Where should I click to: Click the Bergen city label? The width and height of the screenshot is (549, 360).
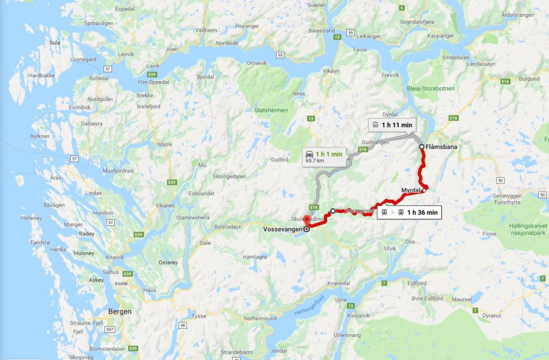coord(120,311)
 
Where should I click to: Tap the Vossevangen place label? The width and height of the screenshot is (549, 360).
coord(283,229)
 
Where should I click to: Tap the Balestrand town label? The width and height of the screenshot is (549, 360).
coord(322,31)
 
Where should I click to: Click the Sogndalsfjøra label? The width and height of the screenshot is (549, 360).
coord(419,22)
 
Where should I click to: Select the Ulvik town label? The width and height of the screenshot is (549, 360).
coord(390,248)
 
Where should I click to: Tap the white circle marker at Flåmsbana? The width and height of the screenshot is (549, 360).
coord(422,146)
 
